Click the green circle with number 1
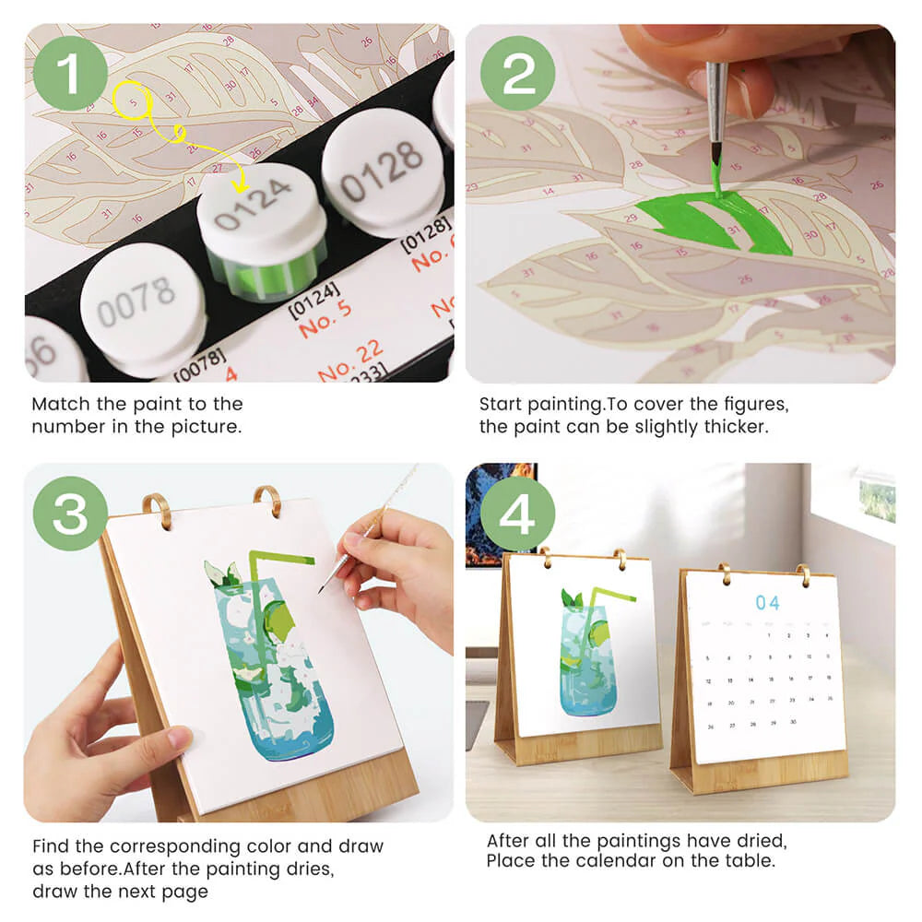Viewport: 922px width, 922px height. pos(71,73)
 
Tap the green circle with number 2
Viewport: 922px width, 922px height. pos(519,73)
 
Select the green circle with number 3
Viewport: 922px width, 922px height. pos(71,514)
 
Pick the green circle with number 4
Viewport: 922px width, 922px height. pos(517,514)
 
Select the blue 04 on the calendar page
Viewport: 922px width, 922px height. pos(767,602)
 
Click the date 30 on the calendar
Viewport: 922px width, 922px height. pos(792,722)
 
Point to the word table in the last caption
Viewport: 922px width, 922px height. pos(752,861)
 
